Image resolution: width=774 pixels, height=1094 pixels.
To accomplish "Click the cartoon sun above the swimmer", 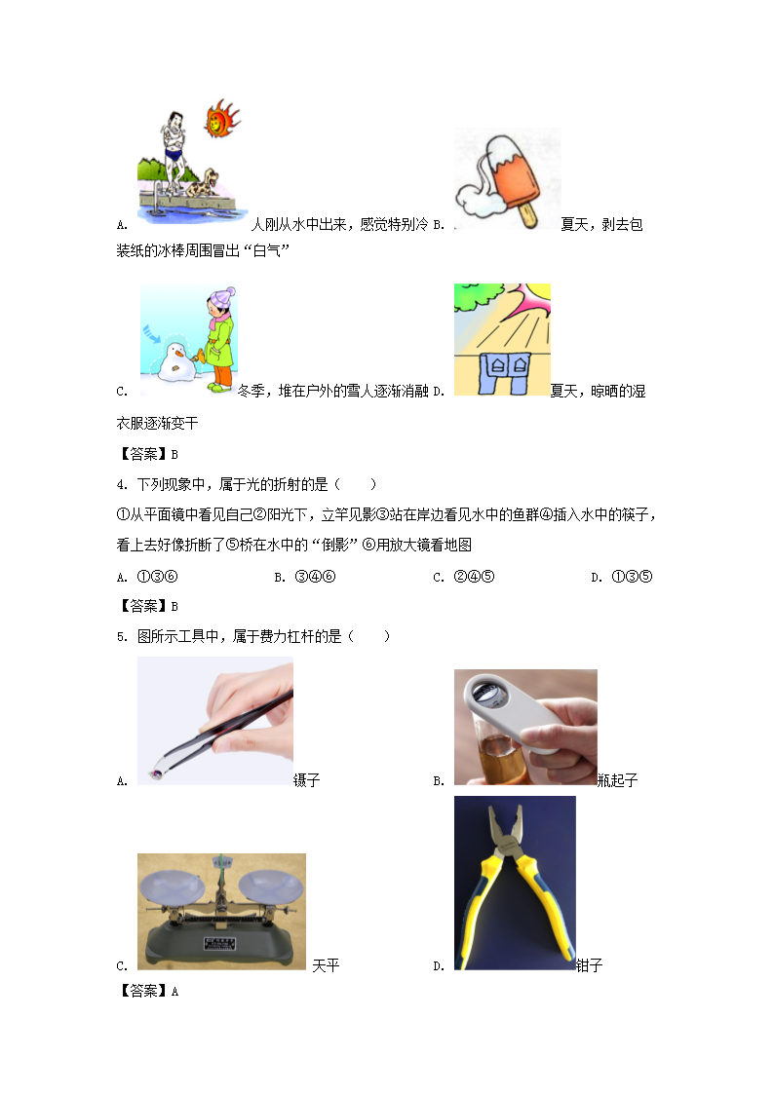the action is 221,119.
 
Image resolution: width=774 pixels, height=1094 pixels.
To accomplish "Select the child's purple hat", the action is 223,296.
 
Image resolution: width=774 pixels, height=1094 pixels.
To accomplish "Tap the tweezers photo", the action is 215,721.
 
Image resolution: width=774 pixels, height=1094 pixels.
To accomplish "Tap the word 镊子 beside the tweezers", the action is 306,780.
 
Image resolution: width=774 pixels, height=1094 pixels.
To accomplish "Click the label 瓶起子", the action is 618,780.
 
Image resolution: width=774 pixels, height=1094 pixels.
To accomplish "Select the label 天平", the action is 326,965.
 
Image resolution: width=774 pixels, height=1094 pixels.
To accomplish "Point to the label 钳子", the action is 589,965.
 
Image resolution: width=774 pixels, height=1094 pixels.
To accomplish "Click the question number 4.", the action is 122,485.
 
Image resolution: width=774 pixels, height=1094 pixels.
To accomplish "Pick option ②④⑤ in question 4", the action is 474,577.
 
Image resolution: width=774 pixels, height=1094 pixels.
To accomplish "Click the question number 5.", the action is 122,637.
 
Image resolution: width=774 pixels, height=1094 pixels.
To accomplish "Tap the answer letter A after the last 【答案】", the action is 174,992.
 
